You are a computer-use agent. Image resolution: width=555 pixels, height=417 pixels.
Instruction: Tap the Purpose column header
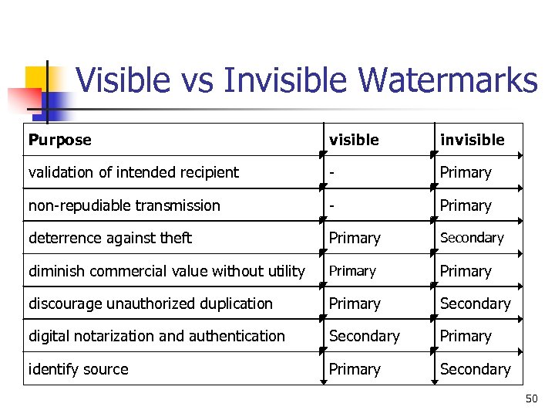tap(59, 140)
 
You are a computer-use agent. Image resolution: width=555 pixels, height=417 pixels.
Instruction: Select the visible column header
tap(354, 140)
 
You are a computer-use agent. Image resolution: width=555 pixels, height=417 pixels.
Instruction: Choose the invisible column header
tap(472, 140)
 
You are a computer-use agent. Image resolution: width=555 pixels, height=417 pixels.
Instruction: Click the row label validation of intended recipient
tap(133, 172)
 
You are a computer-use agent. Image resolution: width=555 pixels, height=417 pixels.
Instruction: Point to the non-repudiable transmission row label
tap(124, 205)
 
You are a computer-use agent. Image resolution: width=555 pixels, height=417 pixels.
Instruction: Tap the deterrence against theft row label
tap(109, 238)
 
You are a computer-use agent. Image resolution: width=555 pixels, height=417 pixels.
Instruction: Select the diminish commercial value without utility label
tap(166, 271)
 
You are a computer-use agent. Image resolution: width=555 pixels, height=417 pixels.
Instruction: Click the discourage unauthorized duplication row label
tap(150, 303)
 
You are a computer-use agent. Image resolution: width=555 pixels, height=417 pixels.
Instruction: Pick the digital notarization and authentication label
tap(156, 336)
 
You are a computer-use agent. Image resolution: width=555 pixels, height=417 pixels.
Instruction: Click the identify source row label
tap(78, 369)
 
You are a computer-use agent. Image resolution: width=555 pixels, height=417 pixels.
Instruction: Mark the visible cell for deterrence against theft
tap(355, 238)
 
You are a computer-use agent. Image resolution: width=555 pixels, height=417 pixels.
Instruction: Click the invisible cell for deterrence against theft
tap(471, 238)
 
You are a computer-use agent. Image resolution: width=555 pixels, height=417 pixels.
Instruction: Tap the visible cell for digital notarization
tap(364, 336)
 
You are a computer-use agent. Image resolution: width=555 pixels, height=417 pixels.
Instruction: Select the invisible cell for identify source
tap(475, 369)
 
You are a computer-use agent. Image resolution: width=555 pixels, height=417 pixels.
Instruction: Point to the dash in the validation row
tap(331, 172)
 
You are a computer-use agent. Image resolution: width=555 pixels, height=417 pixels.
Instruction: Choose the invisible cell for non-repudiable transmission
tap(465, 205)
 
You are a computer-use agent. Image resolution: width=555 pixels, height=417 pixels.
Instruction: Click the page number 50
tap(531, 398)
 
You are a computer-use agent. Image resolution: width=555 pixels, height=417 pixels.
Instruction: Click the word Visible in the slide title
tap(121, 80)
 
